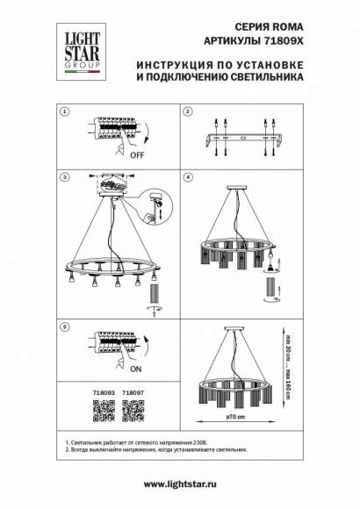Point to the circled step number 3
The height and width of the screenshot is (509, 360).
pyautogui.click(x=64, y=177)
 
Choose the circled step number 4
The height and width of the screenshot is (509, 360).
pyautogui.click(x=187, y=177)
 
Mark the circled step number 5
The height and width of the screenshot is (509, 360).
pyautogui.click(x=64, y=326)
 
